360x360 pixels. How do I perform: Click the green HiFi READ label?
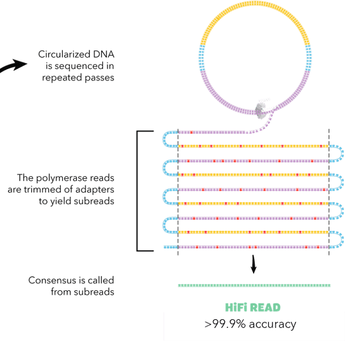click(x=252, y=307)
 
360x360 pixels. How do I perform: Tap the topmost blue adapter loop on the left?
click(x=169, y=139)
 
